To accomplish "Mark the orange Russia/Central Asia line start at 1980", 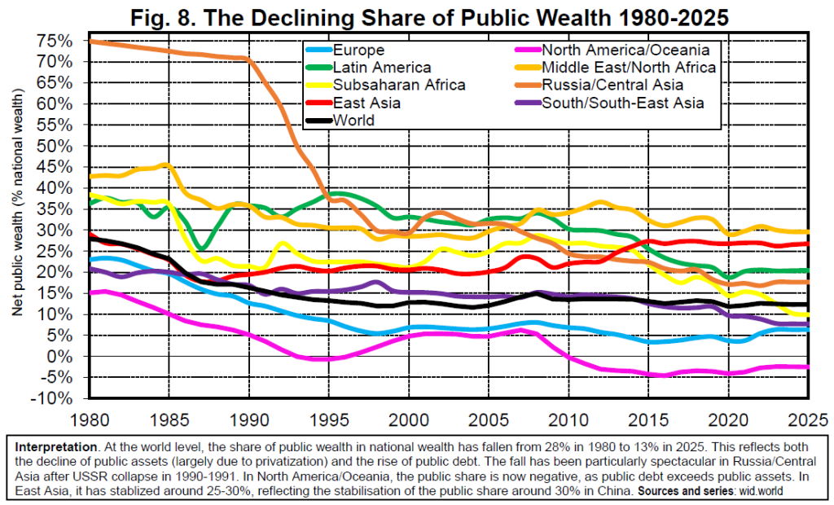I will tap(91, 41).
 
